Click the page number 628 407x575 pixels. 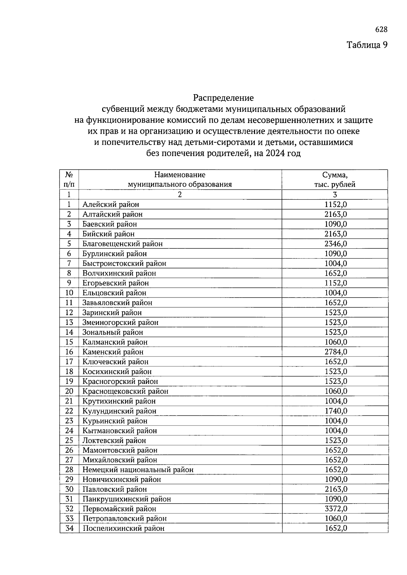coord(381,30)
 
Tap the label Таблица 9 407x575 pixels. coord(367,45)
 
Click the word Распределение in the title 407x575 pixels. coord(223,98)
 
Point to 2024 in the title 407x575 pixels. coord(276,153)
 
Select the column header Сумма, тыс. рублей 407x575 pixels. coord(334,180)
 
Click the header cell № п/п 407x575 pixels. coord(69,180)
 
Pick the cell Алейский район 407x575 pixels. coord(111,204)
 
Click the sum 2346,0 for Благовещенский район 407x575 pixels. coord(335,244)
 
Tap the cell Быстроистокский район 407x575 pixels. coord(124,263)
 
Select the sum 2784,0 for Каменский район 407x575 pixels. coord(335,352)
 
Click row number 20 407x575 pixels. coord(69,391)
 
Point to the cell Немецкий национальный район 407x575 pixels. coord(138,470)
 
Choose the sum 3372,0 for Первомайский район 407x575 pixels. coord(335,509)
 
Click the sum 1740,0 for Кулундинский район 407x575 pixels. coord(335,411)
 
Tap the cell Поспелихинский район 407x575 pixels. coord(123,529)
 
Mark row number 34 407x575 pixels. coord(69,529)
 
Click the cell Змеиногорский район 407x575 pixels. coord(120,323)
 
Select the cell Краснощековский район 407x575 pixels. coord(125,391)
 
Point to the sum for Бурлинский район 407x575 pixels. coord(335,253)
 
